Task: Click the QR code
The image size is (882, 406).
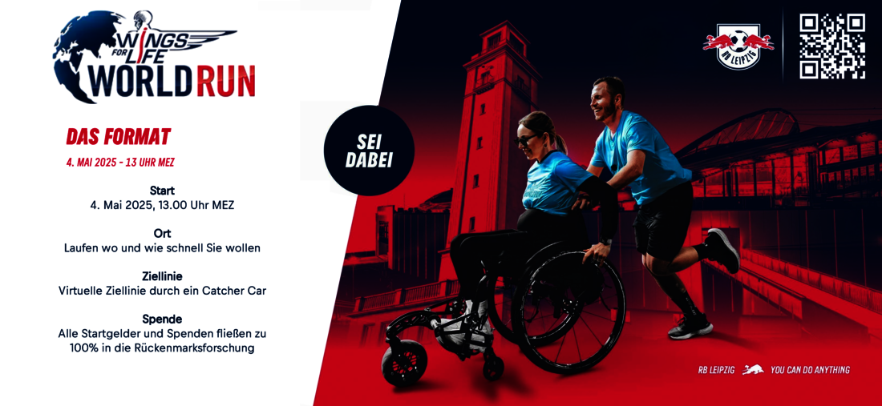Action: [832, 46]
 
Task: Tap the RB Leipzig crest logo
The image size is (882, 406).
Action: [738, 46]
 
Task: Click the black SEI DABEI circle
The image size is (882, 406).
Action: [369, 151]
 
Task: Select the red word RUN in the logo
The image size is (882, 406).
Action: [225, 82]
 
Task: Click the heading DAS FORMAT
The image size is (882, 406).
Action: [118, 136]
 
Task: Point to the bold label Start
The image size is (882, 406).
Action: [162, 191]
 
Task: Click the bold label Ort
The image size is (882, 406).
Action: [162, 233]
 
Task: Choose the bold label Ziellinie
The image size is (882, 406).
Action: [162, 275]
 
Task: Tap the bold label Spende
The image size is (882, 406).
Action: [162, 319]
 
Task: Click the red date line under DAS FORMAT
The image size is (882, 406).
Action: [120, 163]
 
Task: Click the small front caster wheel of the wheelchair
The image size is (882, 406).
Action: [404, 362]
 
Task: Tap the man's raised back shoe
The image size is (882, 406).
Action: [724, 249]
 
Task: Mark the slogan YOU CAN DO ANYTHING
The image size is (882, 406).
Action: [810, 370]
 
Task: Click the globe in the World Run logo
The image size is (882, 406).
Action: [84, 56]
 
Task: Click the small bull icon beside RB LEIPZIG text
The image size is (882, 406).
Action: [752, 369]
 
